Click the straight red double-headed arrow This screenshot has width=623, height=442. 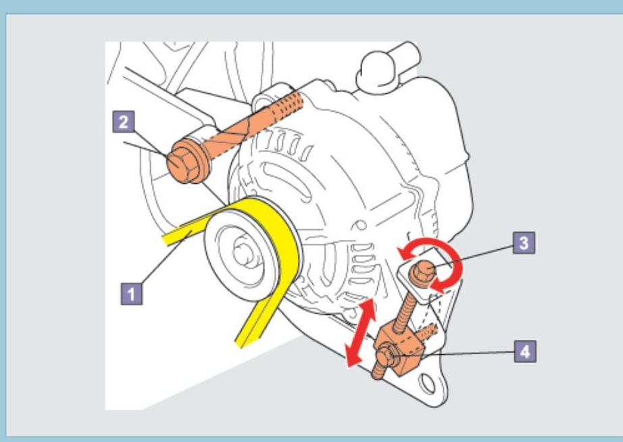click(x=359, y=336)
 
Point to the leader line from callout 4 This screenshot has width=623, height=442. click(x=473, y=351)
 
